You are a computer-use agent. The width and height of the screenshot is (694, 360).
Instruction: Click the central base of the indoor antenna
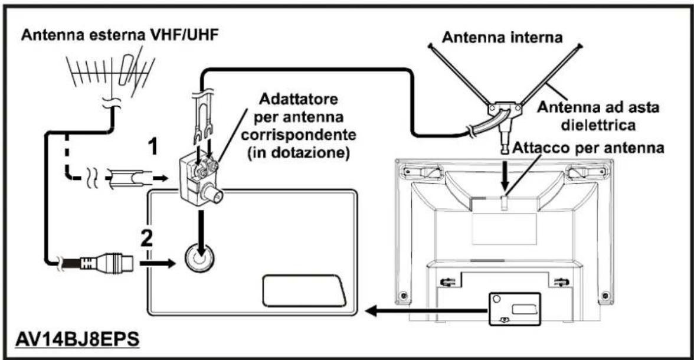[501, 109]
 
